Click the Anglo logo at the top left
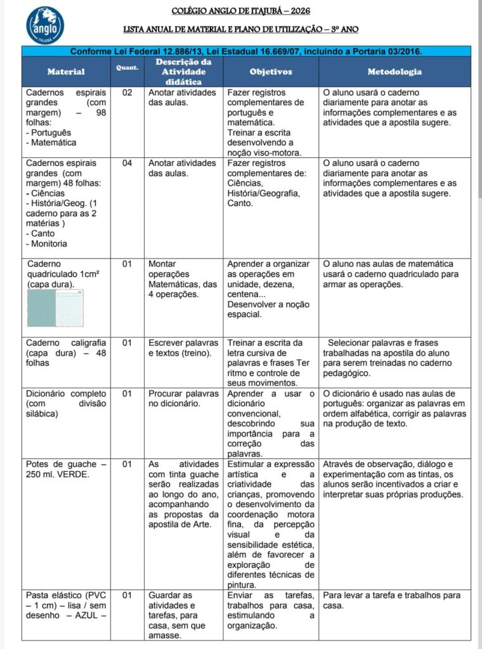pos(45,25)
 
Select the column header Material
pos(66,72)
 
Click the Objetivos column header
pos(271,72)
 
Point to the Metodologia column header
pos(394,72)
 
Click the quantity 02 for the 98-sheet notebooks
pos(127,93)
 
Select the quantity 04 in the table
pos(127,164)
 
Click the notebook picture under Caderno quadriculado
pos(55,309)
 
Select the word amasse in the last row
pos(166,636)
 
